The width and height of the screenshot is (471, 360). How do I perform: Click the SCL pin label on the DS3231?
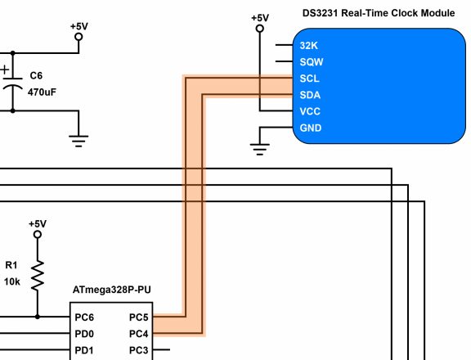pos(310,79)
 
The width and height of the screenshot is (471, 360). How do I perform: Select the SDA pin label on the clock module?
pos(310,95)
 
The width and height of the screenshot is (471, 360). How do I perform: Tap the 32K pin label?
pos(309,46)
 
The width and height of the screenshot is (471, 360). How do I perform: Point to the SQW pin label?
pos(311,62)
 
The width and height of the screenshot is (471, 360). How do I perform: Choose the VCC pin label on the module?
pos(311,111)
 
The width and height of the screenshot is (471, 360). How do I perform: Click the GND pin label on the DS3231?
pos(311,128)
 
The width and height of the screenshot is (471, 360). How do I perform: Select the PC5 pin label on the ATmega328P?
pos(139,317)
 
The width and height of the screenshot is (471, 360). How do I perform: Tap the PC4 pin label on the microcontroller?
pos(139,334)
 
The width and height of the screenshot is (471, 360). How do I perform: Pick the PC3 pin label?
pos(139,351)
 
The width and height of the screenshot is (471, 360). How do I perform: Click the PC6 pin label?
pos(84,317)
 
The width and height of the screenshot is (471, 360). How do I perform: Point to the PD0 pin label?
pos(84,334)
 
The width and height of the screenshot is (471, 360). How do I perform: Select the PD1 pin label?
pos(84,351)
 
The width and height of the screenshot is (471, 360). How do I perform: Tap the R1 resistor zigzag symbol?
pos(38,276)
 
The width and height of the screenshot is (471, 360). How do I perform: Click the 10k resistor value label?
pos(12,281)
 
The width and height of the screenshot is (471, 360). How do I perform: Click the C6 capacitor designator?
pos(35,76)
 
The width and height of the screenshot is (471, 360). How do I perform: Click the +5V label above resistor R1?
pos(38,223)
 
